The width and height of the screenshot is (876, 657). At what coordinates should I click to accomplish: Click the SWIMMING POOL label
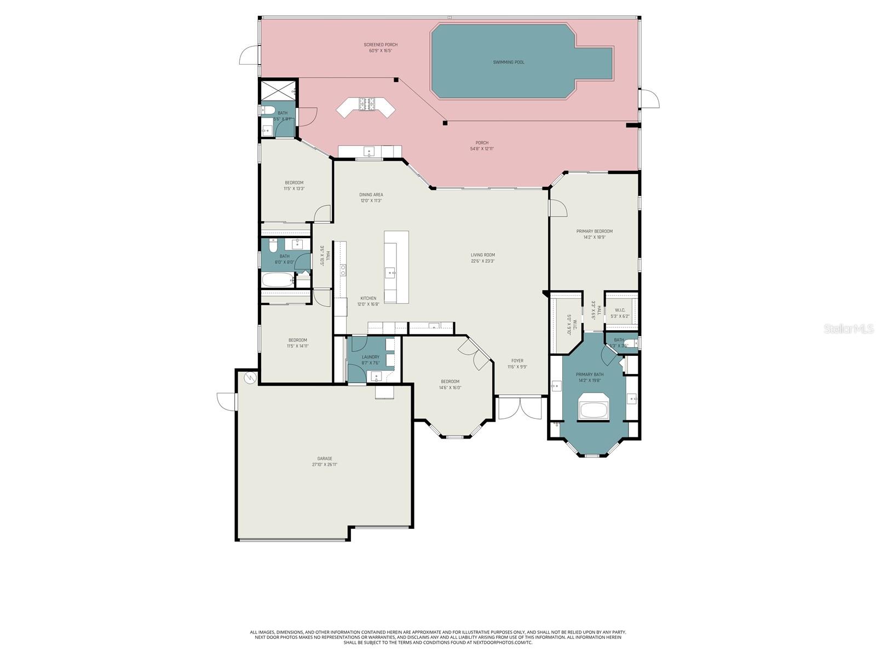pyautogui.click(x=508, y=62)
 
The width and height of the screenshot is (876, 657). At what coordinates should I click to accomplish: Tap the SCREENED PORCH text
pyautogui.click(x=381, y=45)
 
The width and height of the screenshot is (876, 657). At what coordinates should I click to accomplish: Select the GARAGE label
pyautogui.click(x=325, y=459)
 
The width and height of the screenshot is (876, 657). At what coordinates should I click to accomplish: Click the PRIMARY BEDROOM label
pyautogui.click(x=594, y=232)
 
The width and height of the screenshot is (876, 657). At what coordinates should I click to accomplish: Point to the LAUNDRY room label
pyautogui.click(x=370, y=357)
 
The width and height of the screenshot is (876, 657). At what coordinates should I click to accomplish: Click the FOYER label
pyautogui.click(x=517, y=361)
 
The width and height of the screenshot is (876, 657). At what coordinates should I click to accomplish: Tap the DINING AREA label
pyautogui.click(x=371, y=195)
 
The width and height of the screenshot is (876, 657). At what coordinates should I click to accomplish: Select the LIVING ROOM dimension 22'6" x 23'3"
pyautogui.click(x=482, y=261)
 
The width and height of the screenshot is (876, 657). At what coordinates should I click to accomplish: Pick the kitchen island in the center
pyautogui.click(x=396, y=267)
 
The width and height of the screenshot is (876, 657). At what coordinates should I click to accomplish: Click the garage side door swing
pyautogui.click(x=226, y=401)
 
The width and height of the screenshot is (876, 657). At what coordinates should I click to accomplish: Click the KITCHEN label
pyautogui.click(x=368, y=298)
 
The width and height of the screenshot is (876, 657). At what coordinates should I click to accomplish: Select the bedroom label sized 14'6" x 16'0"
pyautogui.click(x=450, y=382)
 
